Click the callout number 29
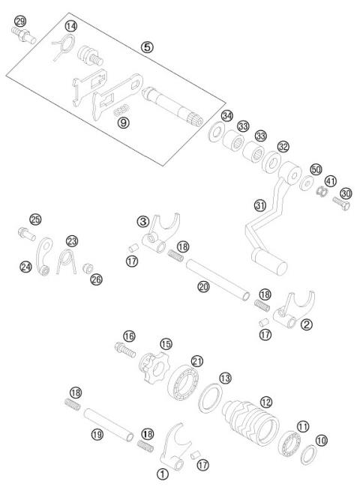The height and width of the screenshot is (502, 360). (20, 19)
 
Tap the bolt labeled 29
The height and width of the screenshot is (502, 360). (22, 34)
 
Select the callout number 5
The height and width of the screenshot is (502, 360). (147, 46)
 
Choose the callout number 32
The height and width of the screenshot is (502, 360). (283, 148)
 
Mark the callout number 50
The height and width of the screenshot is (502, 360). (316, 169)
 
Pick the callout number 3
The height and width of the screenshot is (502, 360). (143, 222)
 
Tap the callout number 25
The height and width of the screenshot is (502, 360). (35, 220)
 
